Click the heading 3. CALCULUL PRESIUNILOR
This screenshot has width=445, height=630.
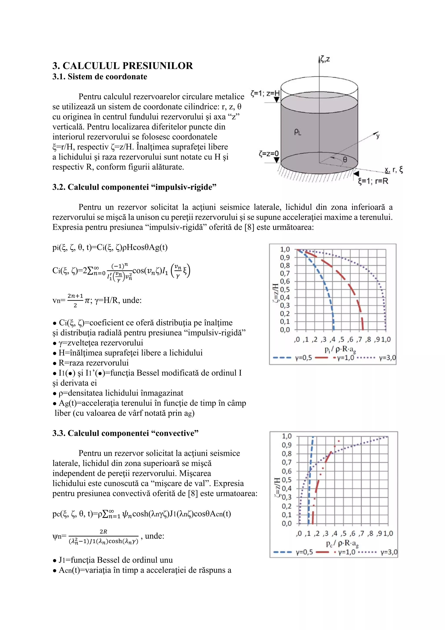click(x=123, y=66)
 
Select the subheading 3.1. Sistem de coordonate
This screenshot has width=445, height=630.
click(x=100, y=77)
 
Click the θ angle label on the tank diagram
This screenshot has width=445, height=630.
click(x=345, y=159)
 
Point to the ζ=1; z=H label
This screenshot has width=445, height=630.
click(x=265, y=93)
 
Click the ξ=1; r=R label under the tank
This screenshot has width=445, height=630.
click(x=373, y=181)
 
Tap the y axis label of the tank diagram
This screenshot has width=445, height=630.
click(x=378, y=136)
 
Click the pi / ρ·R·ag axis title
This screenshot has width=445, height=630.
click(x=340, y=350)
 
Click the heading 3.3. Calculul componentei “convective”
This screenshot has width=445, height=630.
click(x=125, y=433)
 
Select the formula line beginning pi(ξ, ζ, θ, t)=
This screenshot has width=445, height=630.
click(x=110, y=247)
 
